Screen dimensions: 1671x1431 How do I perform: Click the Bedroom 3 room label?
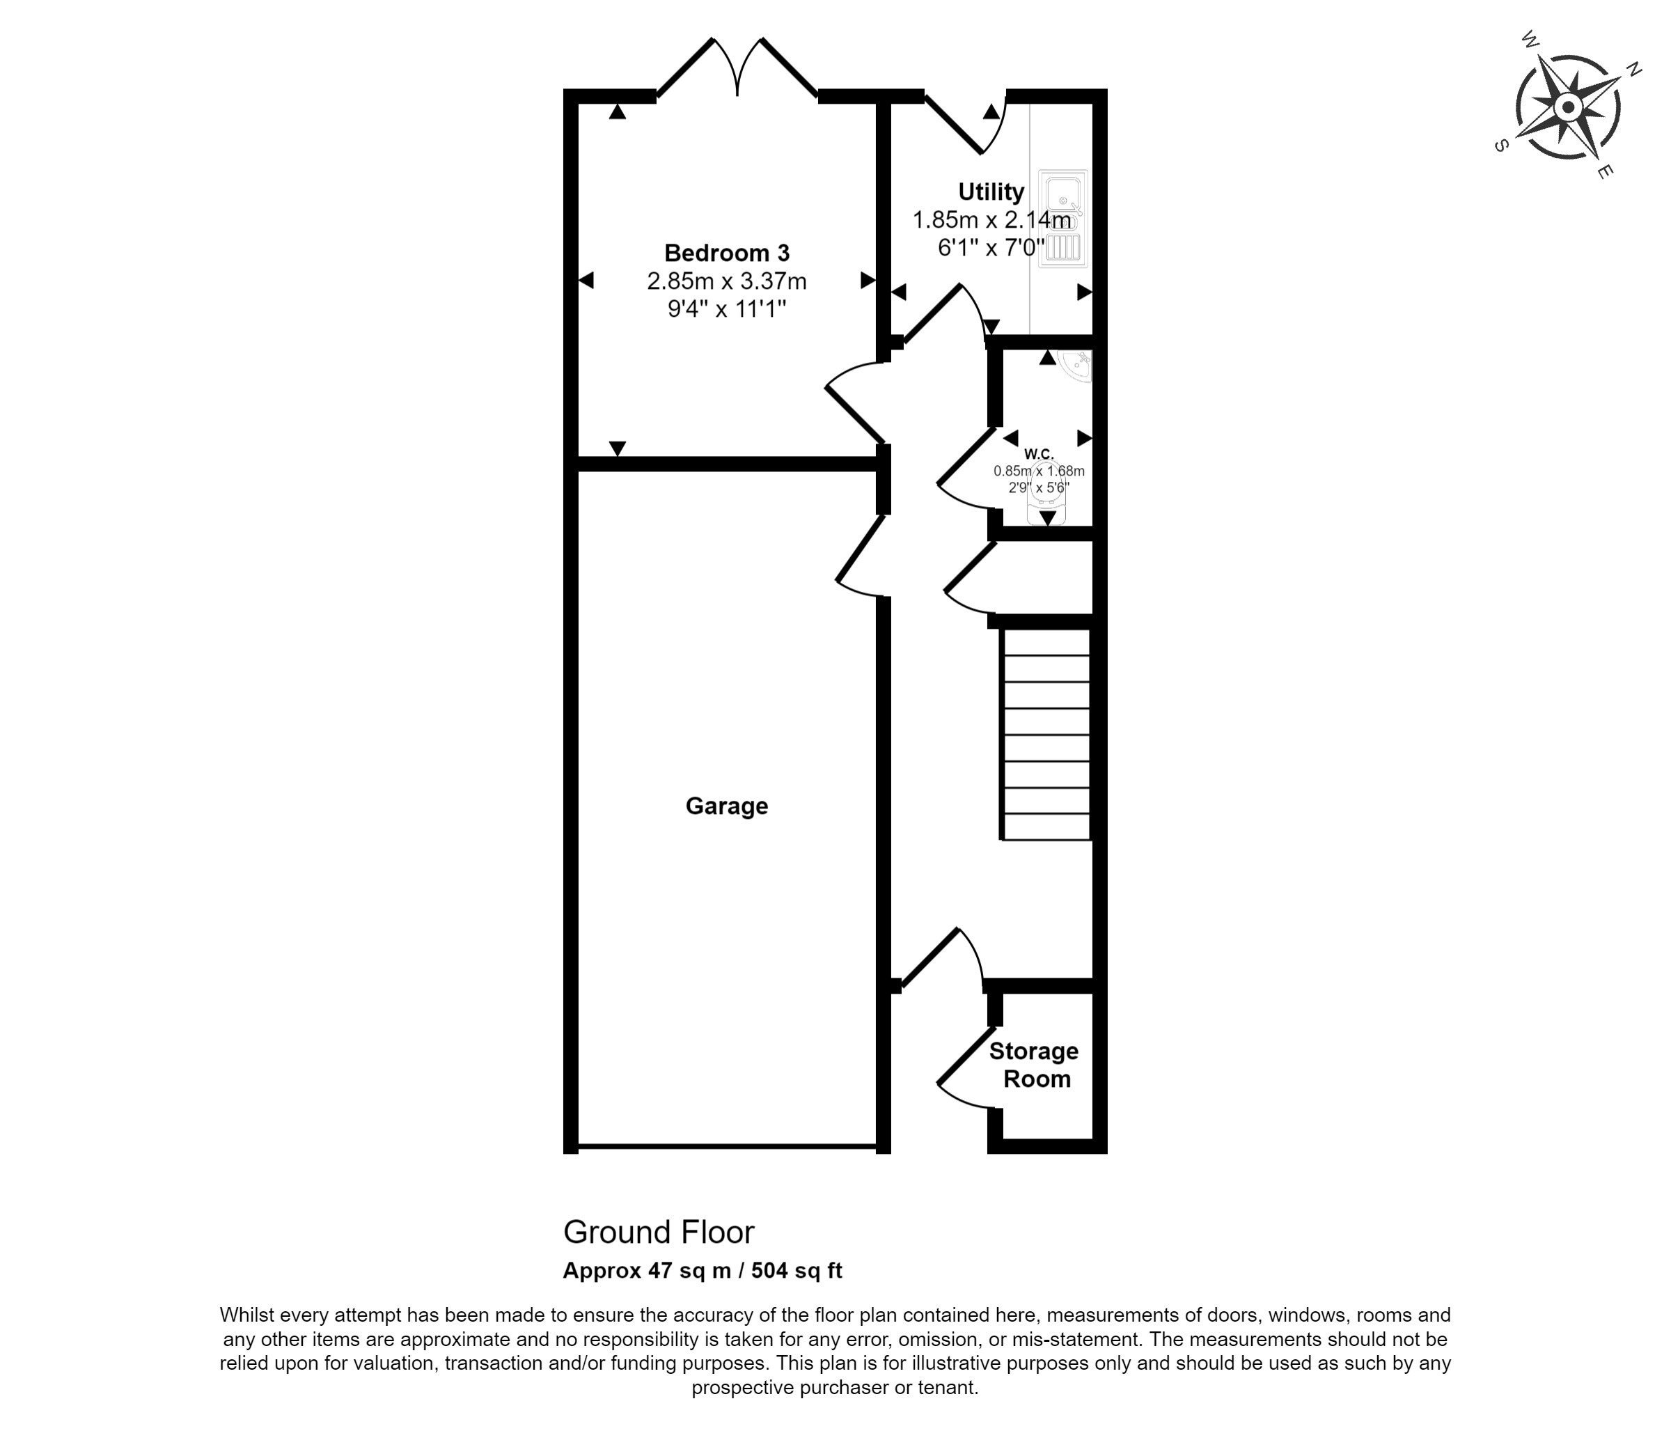pos(727,253)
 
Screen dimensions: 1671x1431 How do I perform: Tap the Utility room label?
pos(991,192)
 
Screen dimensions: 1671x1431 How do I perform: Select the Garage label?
pos(727,806)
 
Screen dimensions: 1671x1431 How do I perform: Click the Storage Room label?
pos(1034,1065)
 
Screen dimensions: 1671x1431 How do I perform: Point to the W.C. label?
pos(1040,454)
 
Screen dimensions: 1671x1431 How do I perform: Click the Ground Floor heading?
pos(658,1233)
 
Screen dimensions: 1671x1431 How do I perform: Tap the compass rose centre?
pos(1568,107)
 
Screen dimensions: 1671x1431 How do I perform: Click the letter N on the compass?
pos(1633,70)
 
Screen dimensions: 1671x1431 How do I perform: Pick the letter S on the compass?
pos(1501,146)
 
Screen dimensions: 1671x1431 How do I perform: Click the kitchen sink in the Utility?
pos(1063,218)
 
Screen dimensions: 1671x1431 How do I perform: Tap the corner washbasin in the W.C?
pos(1076,366)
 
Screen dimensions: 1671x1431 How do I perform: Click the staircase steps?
pos(1046,734)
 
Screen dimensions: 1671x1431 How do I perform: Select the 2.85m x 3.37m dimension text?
pos(727,281)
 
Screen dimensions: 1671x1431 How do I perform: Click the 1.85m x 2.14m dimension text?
pos(992,219)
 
